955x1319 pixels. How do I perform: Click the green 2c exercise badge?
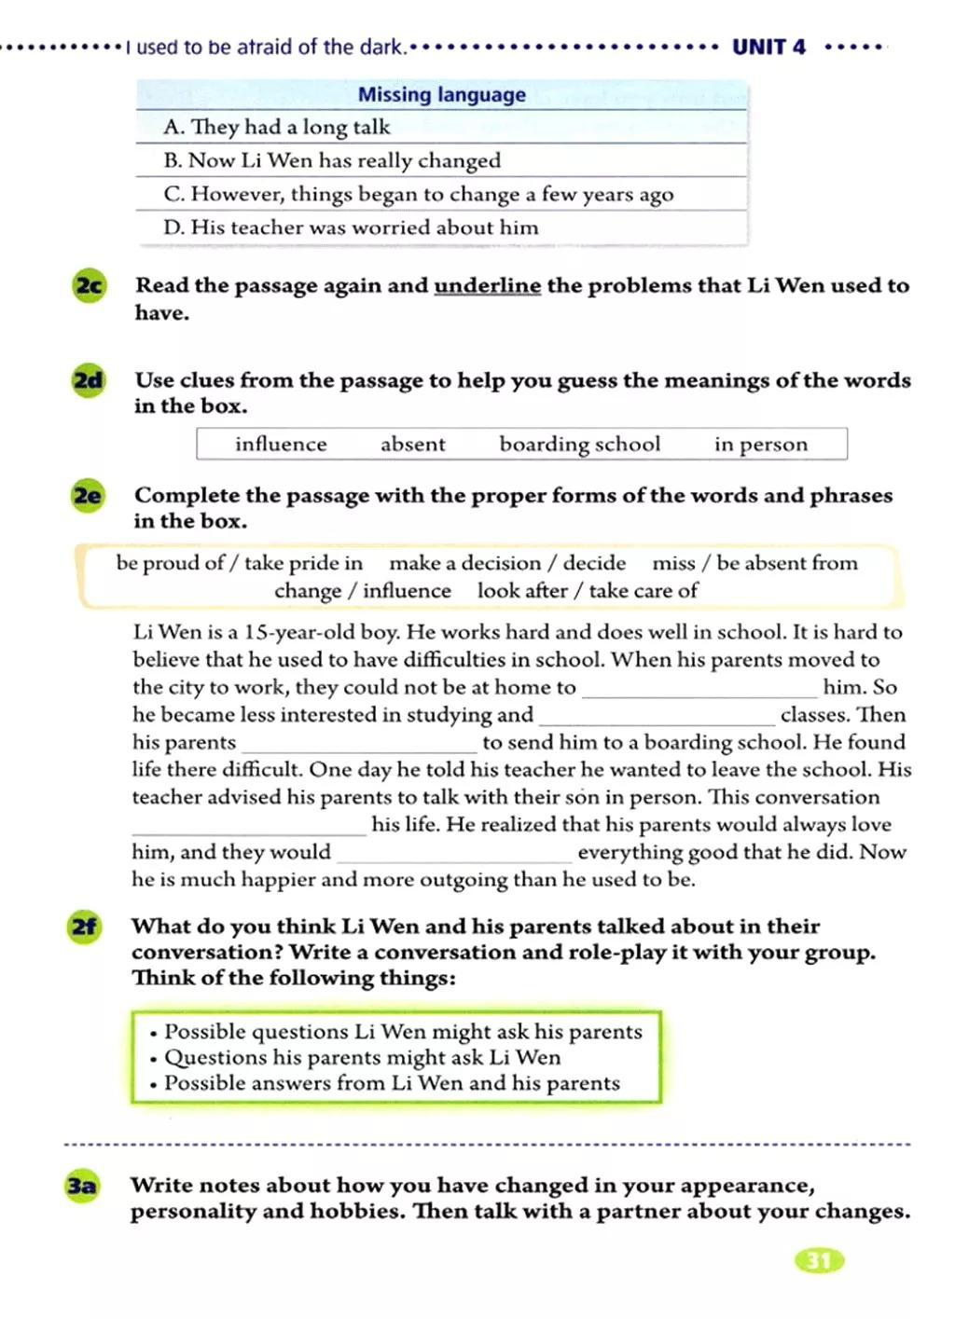[89, 285]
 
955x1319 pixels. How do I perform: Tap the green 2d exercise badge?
[89, 380]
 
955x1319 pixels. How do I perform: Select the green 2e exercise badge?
[88, 495]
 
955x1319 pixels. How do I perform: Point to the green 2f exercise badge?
[84, 927]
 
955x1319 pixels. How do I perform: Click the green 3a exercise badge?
[81, 1186]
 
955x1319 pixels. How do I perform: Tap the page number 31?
[819, 1261]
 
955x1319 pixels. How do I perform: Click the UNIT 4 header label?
[768, 47]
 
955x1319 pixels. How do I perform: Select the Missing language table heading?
[441, 94]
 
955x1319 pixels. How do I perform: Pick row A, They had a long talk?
[276, 127]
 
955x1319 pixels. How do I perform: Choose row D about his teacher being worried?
[351, 227]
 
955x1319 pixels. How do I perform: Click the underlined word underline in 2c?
[487, 285]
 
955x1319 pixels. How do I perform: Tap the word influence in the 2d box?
[281, 444]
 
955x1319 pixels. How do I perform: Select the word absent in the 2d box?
[412, 444]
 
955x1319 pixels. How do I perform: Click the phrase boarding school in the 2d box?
[579, 444]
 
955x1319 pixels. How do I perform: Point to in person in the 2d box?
[760, 444]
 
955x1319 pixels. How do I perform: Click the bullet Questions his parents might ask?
[362, 1057]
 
